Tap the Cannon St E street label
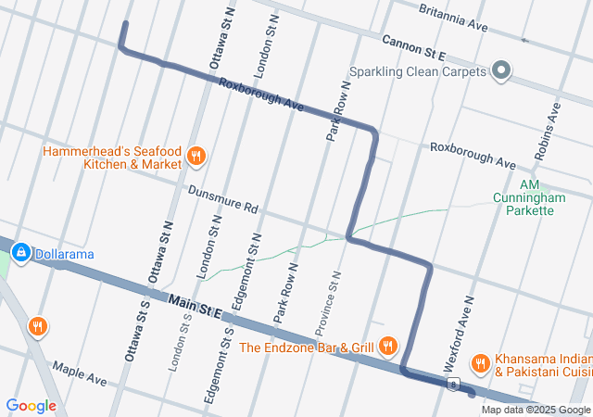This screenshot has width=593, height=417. tap(415, 43)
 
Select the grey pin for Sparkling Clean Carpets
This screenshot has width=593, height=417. tap(501, 70)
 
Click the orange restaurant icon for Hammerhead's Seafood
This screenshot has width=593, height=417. tap(196, 156)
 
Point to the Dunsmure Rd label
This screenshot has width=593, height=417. tap(222, 200)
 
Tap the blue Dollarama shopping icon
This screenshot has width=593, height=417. tap(19, 252)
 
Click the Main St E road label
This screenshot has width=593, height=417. tap(196, 307)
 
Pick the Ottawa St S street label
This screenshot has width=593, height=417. tap(133, 331)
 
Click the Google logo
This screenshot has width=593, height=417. tap(31, 405)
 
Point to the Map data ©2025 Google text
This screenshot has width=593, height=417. tap(535, 410)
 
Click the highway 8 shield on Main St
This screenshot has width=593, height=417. tap(452, 384)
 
